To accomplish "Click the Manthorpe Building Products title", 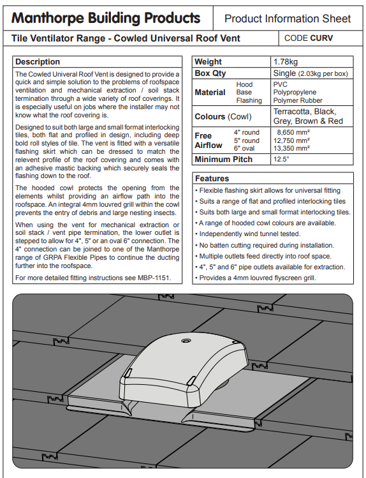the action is click(x=106, y=18).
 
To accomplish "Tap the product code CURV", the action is click(x=321, y=38).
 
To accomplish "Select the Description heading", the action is click(x=38, y=61).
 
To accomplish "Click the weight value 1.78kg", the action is click(x=286, y=61).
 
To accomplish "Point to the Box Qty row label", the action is click(x=210, y=73).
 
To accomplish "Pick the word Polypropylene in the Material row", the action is click(x=295, y=92).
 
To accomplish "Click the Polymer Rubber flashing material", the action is click(x=298, y=100).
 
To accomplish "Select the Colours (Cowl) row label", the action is click(x=223, y=116).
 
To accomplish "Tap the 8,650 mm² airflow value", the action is click(x=293, y=132).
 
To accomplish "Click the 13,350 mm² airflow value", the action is click(x=291, y=148).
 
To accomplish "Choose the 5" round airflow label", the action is click(x=247, y=140).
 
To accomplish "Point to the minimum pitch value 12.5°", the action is click(x=281, y=159).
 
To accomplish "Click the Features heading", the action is click(x=212, y=178).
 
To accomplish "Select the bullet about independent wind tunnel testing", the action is click(x=248, y=234).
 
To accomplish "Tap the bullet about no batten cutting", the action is click(x=265, y=245).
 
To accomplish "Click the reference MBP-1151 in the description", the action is click(x=154, y=278).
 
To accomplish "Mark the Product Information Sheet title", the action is click(x=288, y=19).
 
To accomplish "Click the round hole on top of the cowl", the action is click(x=185, y=341).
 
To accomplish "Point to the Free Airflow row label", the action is click(x=209, y=140).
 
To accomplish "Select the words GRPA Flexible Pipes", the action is click(x=75, y=257).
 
